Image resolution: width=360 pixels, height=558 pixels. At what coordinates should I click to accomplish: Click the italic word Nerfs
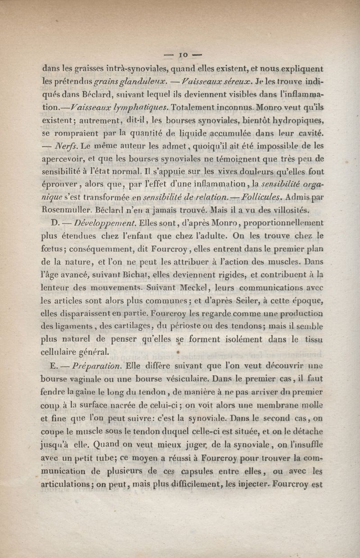click(x=67, y=146)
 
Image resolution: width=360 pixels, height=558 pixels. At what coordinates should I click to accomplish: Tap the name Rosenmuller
click(x=68, y=209)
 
